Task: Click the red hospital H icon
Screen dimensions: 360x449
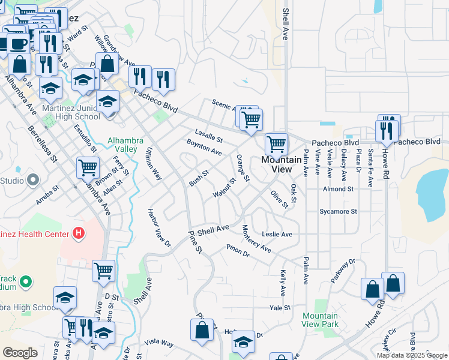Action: (x=77, y=232)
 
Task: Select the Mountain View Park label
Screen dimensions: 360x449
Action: (x=320, y=320)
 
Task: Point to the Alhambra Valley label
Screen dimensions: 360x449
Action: (x=125, y=145)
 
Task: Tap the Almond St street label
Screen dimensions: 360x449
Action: (x=338, y=189)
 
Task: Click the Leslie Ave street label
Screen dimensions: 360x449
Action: (x=277, y=234)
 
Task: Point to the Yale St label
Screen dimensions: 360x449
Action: (x=280, y=307)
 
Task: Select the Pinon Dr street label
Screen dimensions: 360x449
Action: (x=238, y=251)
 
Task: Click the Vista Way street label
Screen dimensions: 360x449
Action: (x=159, y=343)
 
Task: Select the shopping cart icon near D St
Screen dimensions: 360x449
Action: (x=103, y=271)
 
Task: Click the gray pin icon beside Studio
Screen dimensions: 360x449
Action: (x=32, y=180)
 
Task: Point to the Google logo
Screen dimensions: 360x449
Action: (x=20, y=353)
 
